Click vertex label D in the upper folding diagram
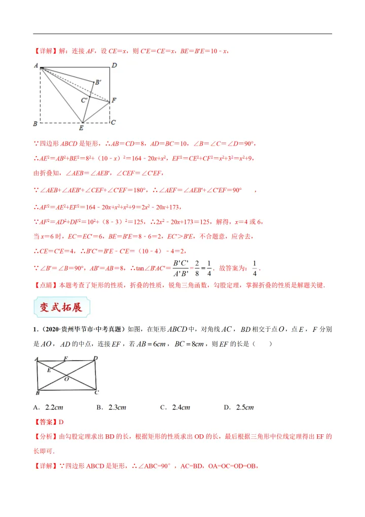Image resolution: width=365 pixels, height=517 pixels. tap(114, 65)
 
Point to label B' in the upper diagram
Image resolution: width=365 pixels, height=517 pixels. tap(98, 81)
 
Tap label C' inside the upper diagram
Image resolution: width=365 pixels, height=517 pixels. tap(84, 100)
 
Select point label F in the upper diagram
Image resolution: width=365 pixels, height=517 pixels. tap(114, 100)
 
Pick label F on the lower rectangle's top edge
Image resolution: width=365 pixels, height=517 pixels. tap(66, 359)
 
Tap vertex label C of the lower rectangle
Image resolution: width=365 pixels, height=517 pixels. tap(96, 392)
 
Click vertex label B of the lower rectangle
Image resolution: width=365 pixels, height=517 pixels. tap(38, 393)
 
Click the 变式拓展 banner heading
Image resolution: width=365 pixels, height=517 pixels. tap(61, 307)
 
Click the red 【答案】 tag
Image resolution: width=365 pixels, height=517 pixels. tap(46, 422)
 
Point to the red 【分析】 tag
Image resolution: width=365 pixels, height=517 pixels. tap(46, 436)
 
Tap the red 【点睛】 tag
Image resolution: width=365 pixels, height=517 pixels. tap(46, 285)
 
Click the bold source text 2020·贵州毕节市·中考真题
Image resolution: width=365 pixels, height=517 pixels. tap(89, 330)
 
